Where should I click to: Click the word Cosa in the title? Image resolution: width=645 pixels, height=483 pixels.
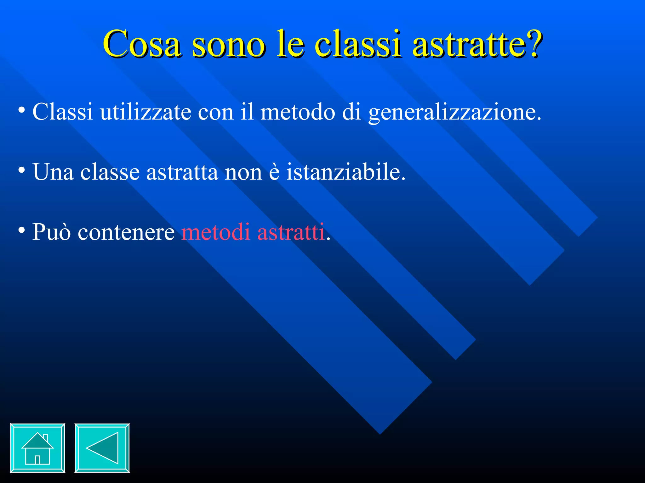142,44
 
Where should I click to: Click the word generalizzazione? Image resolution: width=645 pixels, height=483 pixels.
454,112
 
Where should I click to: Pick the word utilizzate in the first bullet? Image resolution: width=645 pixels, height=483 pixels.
146,112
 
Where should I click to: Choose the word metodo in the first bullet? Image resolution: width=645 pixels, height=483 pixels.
298,112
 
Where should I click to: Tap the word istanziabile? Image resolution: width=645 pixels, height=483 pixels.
345,172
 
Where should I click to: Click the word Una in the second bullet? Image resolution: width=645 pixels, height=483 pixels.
53,172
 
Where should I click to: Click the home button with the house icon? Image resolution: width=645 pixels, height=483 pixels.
37,448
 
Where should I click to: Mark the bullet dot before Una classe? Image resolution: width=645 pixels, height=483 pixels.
21,170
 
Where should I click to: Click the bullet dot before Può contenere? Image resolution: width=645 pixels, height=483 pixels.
21,230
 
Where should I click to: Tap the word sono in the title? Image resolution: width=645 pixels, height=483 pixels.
228,44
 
